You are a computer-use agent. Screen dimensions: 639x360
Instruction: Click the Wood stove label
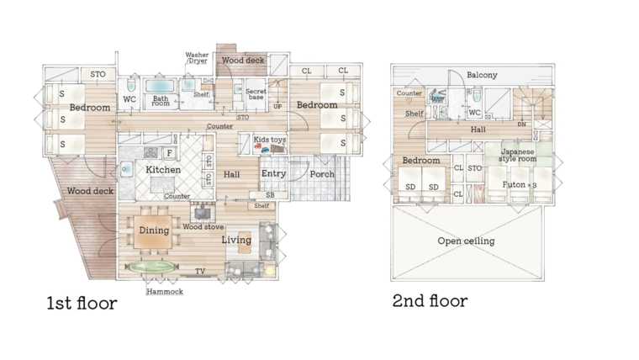(203, 226)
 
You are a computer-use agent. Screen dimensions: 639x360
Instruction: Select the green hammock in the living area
(151, 267)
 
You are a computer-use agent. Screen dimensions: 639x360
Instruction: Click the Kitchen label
(163, 170)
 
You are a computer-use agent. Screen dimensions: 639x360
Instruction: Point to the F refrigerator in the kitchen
(170, 153)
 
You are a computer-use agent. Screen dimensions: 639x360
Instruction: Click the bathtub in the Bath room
(160, 86)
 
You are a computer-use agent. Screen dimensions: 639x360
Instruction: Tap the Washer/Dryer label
(197, 57)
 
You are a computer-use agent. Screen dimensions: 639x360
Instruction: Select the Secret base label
(256, 94)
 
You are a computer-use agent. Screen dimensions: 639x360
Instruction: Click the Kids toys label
(269, 140)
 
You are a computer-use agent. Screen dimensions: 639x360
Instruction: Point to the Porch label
(322, 174)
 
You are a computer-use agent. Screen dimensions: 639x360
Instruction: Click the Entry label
(273, 173)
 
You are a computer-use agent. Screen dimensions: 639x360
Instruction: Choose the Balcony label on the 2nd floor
(482, 75)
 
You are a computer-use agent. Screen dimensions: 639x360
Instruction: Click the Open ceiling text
(466, 241)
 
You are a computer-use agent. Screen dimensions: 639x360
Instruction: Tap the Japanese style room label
(518, 156)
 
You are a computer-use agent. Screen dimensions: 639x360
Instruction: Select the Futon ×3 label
(520, 185)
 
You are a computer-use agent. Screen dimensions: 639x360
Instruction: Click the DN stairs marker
(521, 124)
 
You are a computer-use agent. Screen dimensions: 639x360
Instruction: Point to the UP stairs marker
(277, 107)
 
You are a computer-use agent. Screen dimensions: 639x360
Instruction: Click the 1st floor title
(82, 304)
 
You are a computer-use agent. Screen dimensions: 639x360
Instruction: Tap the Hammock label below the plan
(165, 292)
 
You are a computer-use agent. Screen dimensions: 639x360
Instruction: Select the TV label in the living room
(200, 271)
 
